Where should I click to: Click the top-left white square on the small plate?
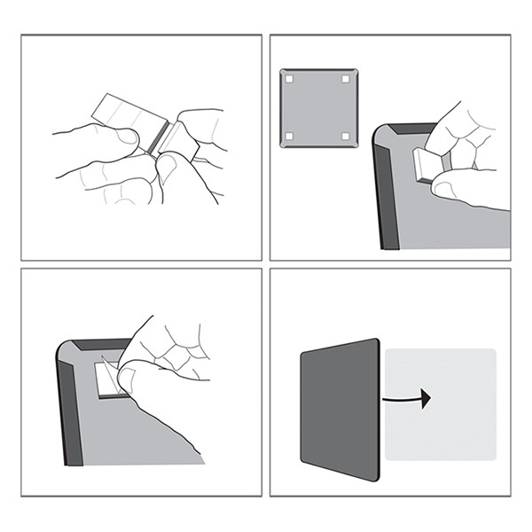coord(289,80)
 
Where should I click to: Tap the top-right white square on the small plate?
coord(345,80)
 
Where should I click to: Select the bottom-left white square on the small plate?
coord(289,136)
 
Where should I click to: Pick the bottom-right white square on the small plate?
coord(345,136)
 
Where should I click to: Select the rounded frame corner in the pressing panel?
coord(384,137)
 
